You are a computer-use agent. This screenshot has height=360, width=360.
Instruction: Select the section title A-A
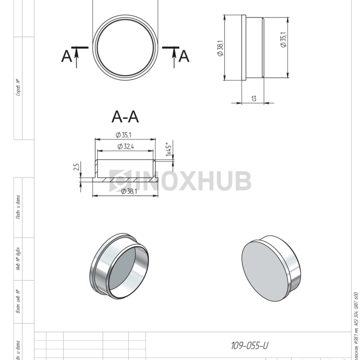[x=125, y=117]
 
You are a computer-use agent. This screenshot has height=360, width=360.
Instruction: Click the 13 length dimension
[x=254, y=98]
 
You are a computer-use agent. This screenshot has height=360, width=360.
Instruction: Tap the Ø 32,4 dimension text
[x=125, y=147]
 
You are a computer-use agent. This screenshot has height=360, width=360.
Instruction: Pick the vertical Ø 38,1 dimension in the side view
[x=220, y=48]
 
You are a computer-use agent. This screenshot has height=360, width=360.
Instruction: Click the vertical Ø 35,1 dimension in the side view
[x=283, y=40]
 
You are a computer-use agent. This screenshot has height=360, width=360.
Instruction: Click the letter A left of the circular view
[x=66, y=56]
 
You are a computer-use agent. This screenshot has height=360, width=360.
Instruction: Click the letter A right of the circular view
[x=184, y=56]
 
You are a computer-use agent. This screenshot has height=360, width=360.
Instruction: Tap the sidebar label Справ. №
[x=18, y=87]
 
